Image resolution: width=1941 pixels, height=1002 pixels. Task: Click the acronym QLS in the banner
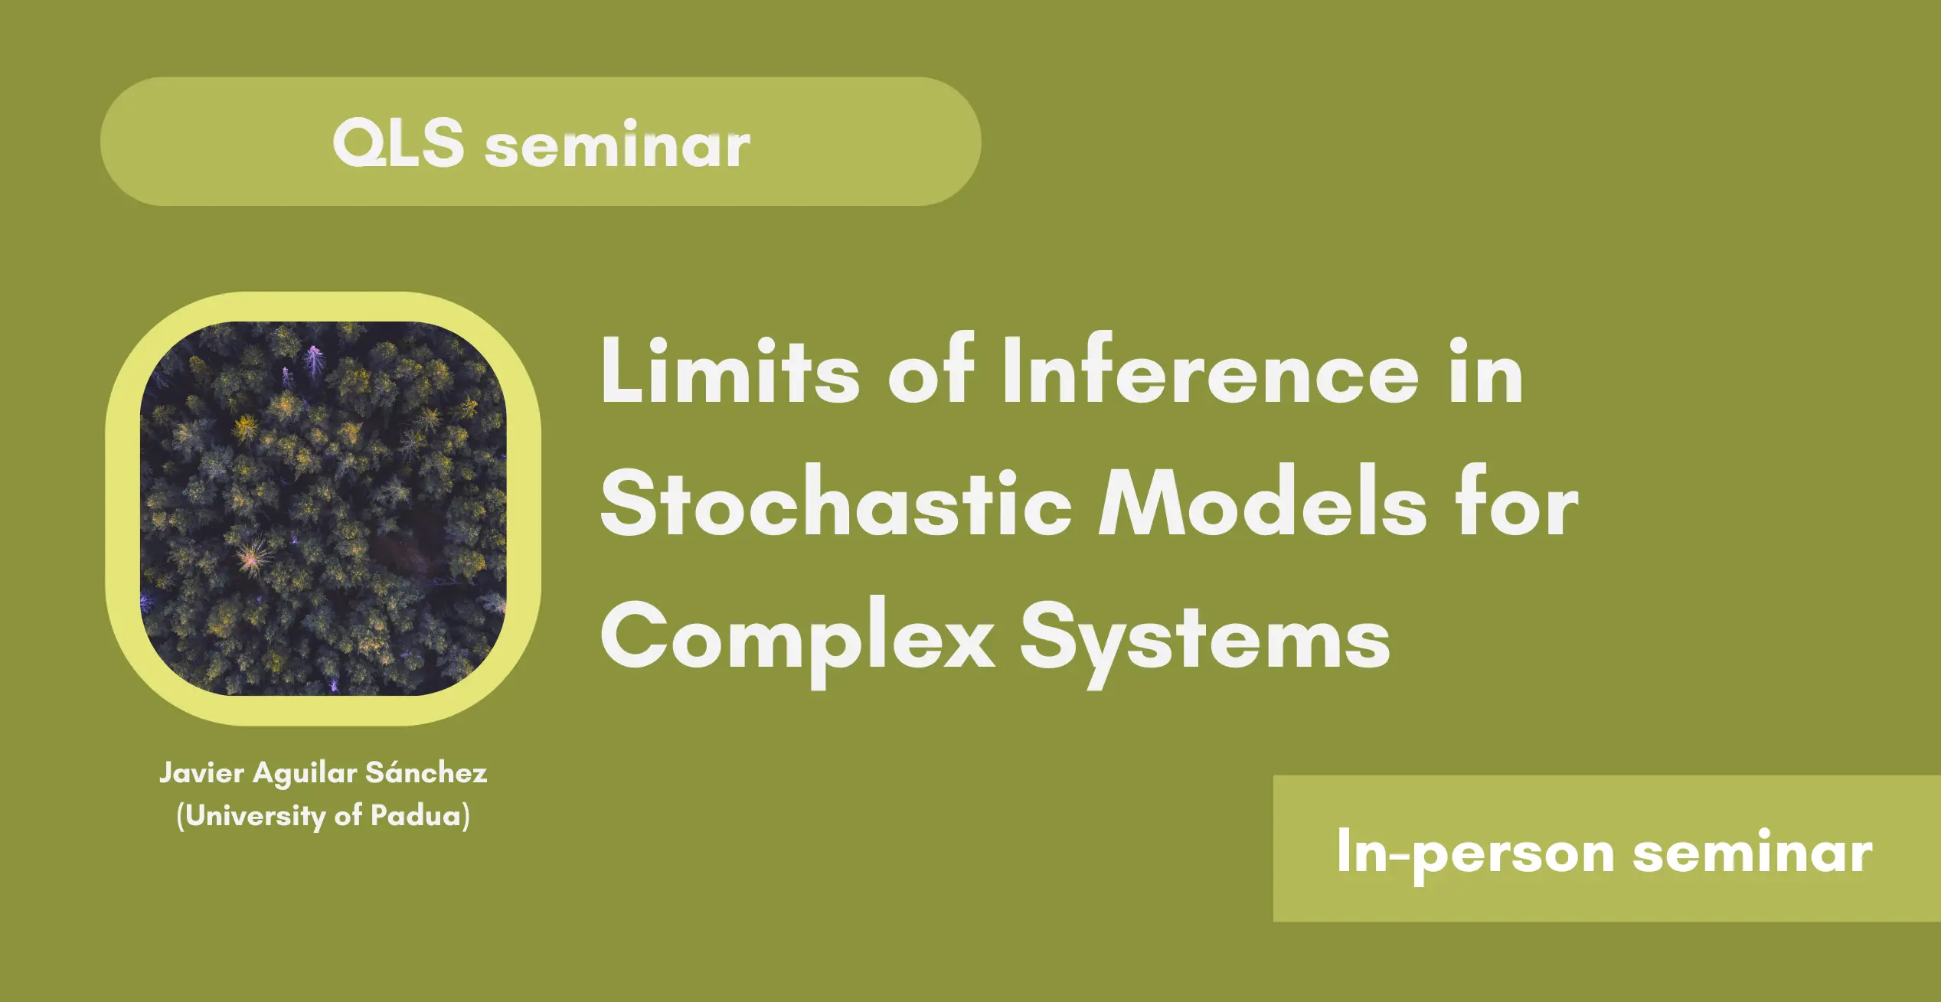point(398,142)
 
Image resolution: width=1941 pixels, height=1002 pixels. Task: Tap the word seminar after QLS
point(617,145)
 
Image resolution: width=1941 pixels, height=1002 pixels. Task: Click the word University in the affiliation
point(256,816)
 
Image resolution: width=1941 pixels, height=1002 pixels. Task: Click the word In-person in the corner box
point(1475,854)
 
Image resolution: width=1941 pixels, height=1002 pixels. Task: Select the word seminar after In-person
point(1753,853)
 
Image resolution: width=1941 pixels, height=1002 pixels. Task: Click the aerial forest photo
point(323,508)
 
